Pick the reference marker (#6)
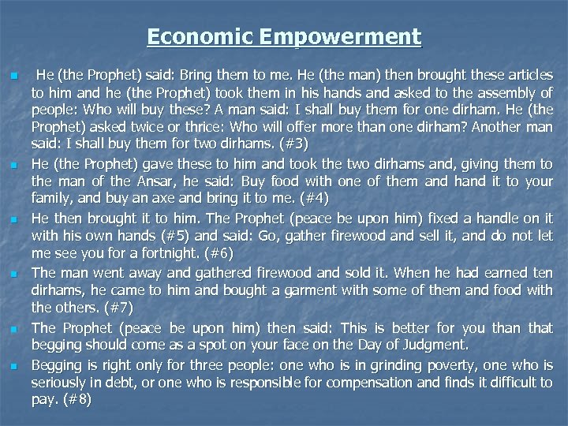point(198,252)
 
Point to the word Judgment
point(449,345)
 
